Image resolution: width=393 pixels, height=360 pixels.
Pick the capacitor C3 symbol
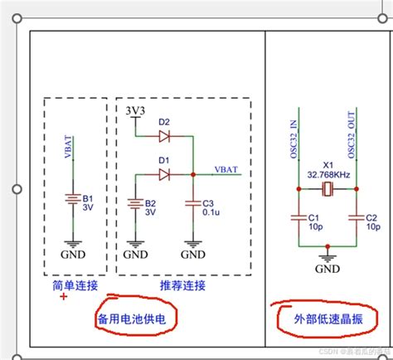pyautogui.click(x=192, y=202)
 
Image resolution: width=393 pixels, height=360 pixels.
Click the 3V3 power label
pyautogui.click(x=135, y=110)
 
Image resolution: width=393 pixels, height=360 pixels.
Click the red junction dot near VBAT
pyautogui.click(x=192, y=174)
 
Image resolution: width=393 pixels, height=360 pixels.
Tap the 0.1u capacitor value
pyautogui.click(x=210, y=212)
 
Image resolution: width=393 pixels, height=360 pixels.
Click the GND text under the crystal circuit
pyautogui.click(x=327, y=269)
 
